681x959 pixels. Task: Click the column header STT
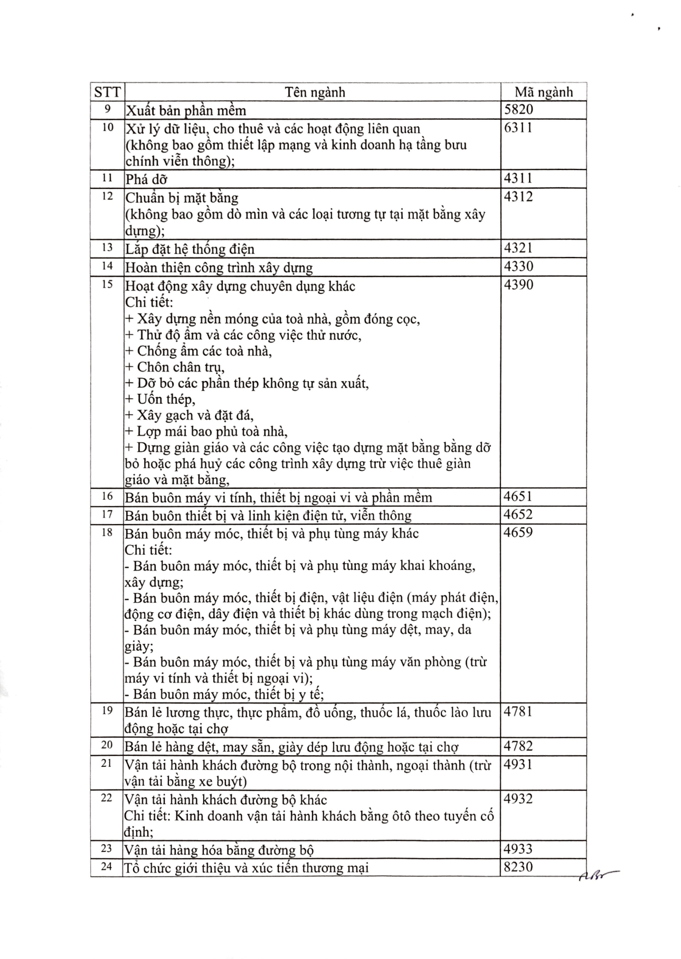click(107, 92)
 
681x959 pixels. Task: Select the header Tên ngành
click(315, 92)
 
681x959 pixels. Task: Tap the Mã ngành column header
click(543, 92)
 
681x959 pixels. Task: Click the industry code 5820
click(518, 110)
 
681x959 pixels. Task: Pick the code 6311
click(518, 128)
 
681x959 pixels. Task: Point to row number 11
click(107, 178)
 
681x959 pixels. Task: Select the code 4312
click(518, 197)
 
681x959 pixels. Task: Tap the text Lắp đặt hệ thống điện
click(190, 249)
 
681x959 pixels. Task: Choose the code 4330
click(518, 266)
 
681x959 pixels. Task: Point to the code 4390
click(518, 285)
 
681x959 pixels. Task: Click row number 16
click(107, 496)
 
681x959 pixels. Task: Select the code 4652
click(518, 515)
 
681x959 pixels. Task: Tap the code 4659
click(518, 532)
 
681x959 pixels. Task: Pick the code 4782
click(518, 746)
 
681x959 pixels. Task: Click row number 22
click(107, 798)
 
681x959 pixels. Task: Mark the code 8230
click(518, 867)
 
